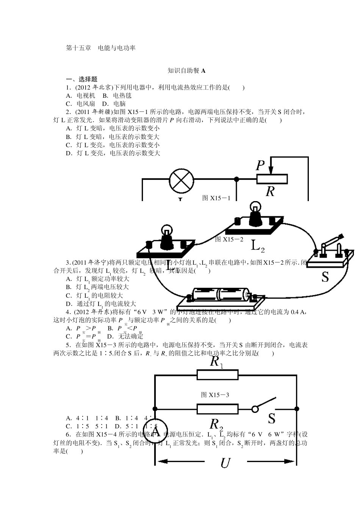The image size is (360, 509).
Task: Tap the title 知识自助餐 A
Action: tap(186, 70)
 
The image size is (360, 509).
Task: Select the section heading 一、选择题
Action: tap(82, 79)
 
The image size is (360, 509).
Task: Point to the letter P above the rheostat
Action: tap(260, 166)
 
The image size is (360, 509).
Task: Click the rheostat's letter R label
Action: tap(270, 191)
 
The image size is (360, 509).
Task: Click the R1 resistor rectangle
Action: tap(218, 375)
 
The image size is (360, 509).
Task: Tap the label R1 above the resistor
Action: tap(216, 362)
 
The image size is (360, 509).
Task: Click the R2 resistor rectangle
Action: tap(218, 409)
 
